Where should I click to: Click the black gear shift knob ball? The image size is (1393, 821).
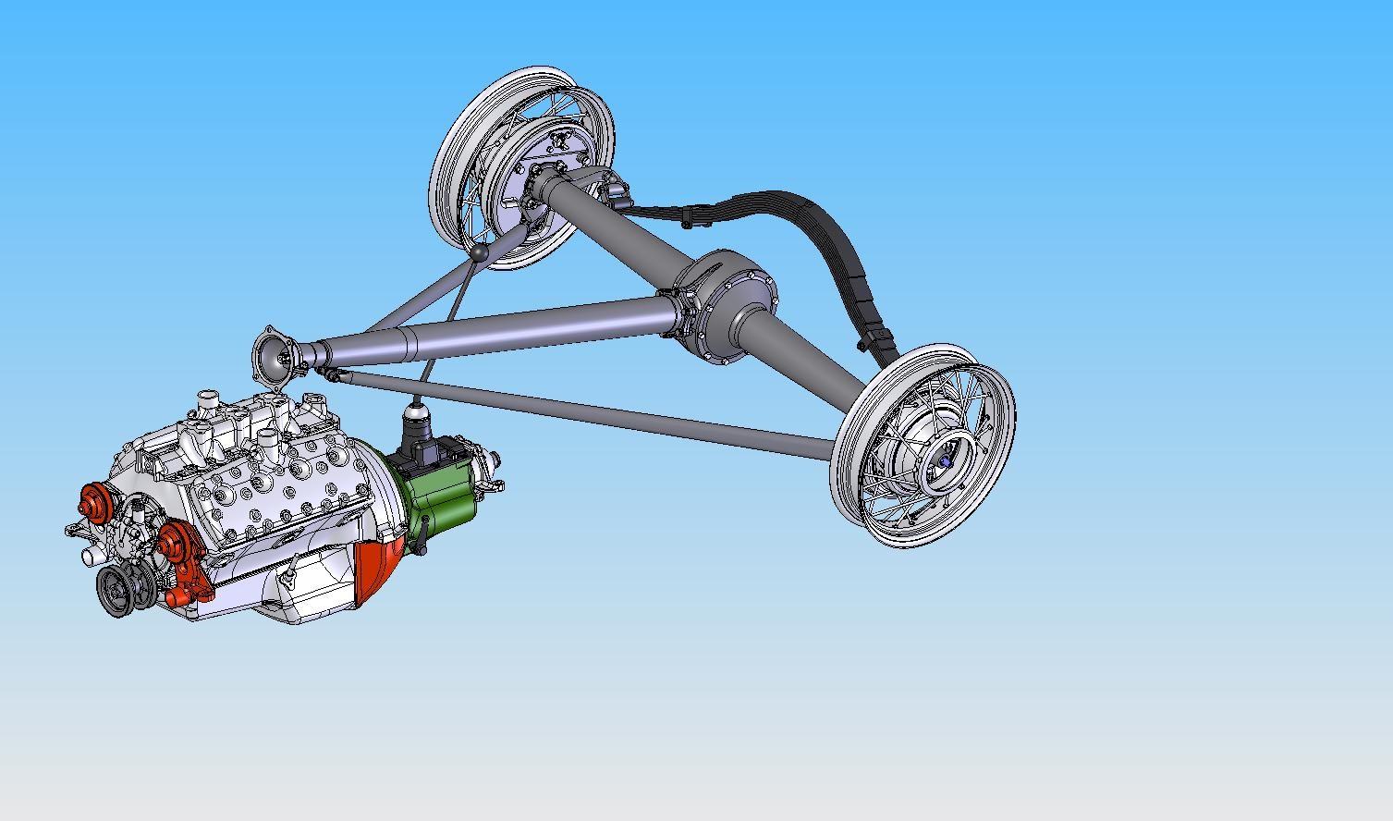coord(480,251)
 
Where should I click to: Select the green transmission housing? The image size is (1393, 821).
coord(445,499)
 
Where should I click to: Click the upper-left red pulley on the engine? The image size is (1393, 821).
coord(93,503)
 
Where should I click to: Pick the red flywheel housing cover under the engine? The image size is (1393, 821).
coord(379,563)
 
